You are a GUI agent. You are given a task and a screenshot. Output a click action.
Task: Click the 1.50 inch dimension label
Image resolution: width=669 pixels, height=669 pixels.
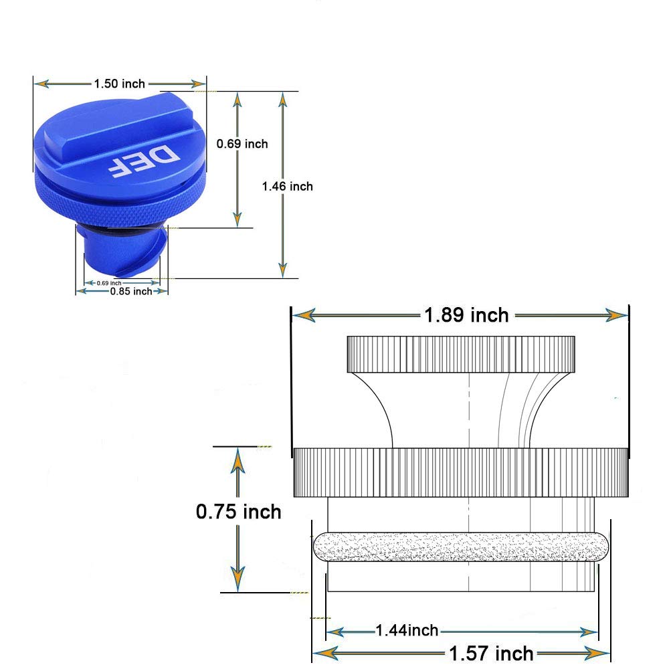pyautogui.click(x=119, y=84)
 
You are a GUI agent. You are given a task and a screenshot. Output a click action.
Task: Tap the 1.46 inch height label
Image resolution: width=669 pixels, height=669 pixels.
pyautogui.click(x=287, y=186)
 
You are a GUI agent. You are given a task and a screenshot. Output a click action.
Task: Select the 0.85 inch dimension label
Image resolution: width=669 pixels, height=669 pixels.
pyautogui.click(x=131, y=292)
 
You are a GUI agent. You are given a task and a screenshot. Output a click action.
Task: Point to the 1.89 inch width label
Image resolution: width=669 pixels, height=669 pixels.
pyautogui.click(x=466, y=314)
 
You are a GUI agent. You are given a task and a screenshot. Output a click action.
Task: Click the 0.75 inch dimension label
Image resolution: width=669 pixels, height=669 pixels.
pyautogui.click(x=239, y=512)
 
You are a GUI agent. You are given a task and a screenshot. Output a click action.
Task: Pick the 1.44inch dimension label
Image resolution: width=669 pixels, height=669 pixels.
pyautogui.click(x=407, y=630)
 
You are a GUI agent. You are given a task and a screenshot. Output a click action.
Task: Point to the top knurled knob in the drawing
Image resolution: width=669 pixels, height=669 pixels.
pyautogui.click(x=460, y=354)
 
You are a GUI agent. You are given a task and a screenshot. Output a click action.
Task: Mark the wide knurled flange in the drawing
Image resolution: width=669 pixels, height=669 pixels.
pyautogui.click(x=460, y=472)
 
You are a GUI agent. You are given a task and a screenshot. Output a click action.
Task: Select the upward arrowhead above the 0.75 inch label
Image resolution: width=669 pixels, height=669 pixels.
pyautogui.click(x=237, y=460)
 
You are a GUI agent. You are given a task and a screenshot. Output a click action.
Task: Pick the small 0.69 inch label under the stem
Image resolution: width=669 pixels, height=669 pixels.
pyautogui.click(x=109, y=283)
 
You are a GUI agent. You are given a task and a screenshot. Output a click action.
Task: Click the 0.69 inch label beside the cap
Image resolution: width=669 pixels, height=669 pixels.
pyautogui.click(x=242, y=144)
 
